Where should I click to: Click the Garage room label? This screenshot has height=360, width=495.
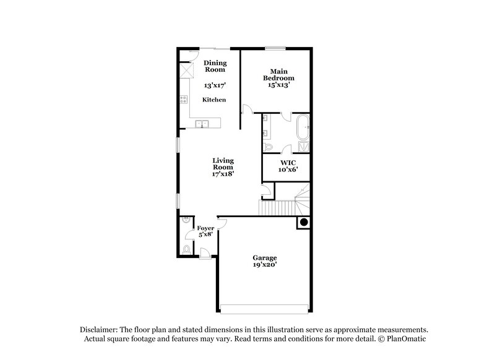point(264,257)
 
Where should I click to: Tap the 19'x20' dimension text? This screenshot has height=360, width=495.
point(264,265)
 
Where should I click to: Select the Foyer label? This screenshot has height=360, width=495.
point(205,228)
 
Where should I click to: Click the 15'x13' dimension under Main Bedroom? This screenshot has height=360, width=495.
point(278,85)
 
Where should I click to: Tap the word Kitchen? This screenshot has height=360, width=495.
point(214,100)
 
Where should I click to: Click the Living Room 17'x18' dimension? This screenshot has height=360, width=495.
point(223,174)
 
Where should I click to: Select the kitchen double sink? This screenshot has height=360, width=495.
point(202,124)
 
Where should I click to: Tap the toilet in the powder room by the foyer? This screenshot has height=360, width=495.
point(186,249)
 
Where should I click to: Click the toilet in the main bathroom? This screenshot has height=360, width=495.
point(268,147)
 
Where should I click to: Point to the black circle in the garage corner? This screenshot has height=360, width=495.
point(303,223)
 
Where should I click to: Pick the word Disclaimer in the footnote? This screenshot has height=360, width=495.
point(99,330)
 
